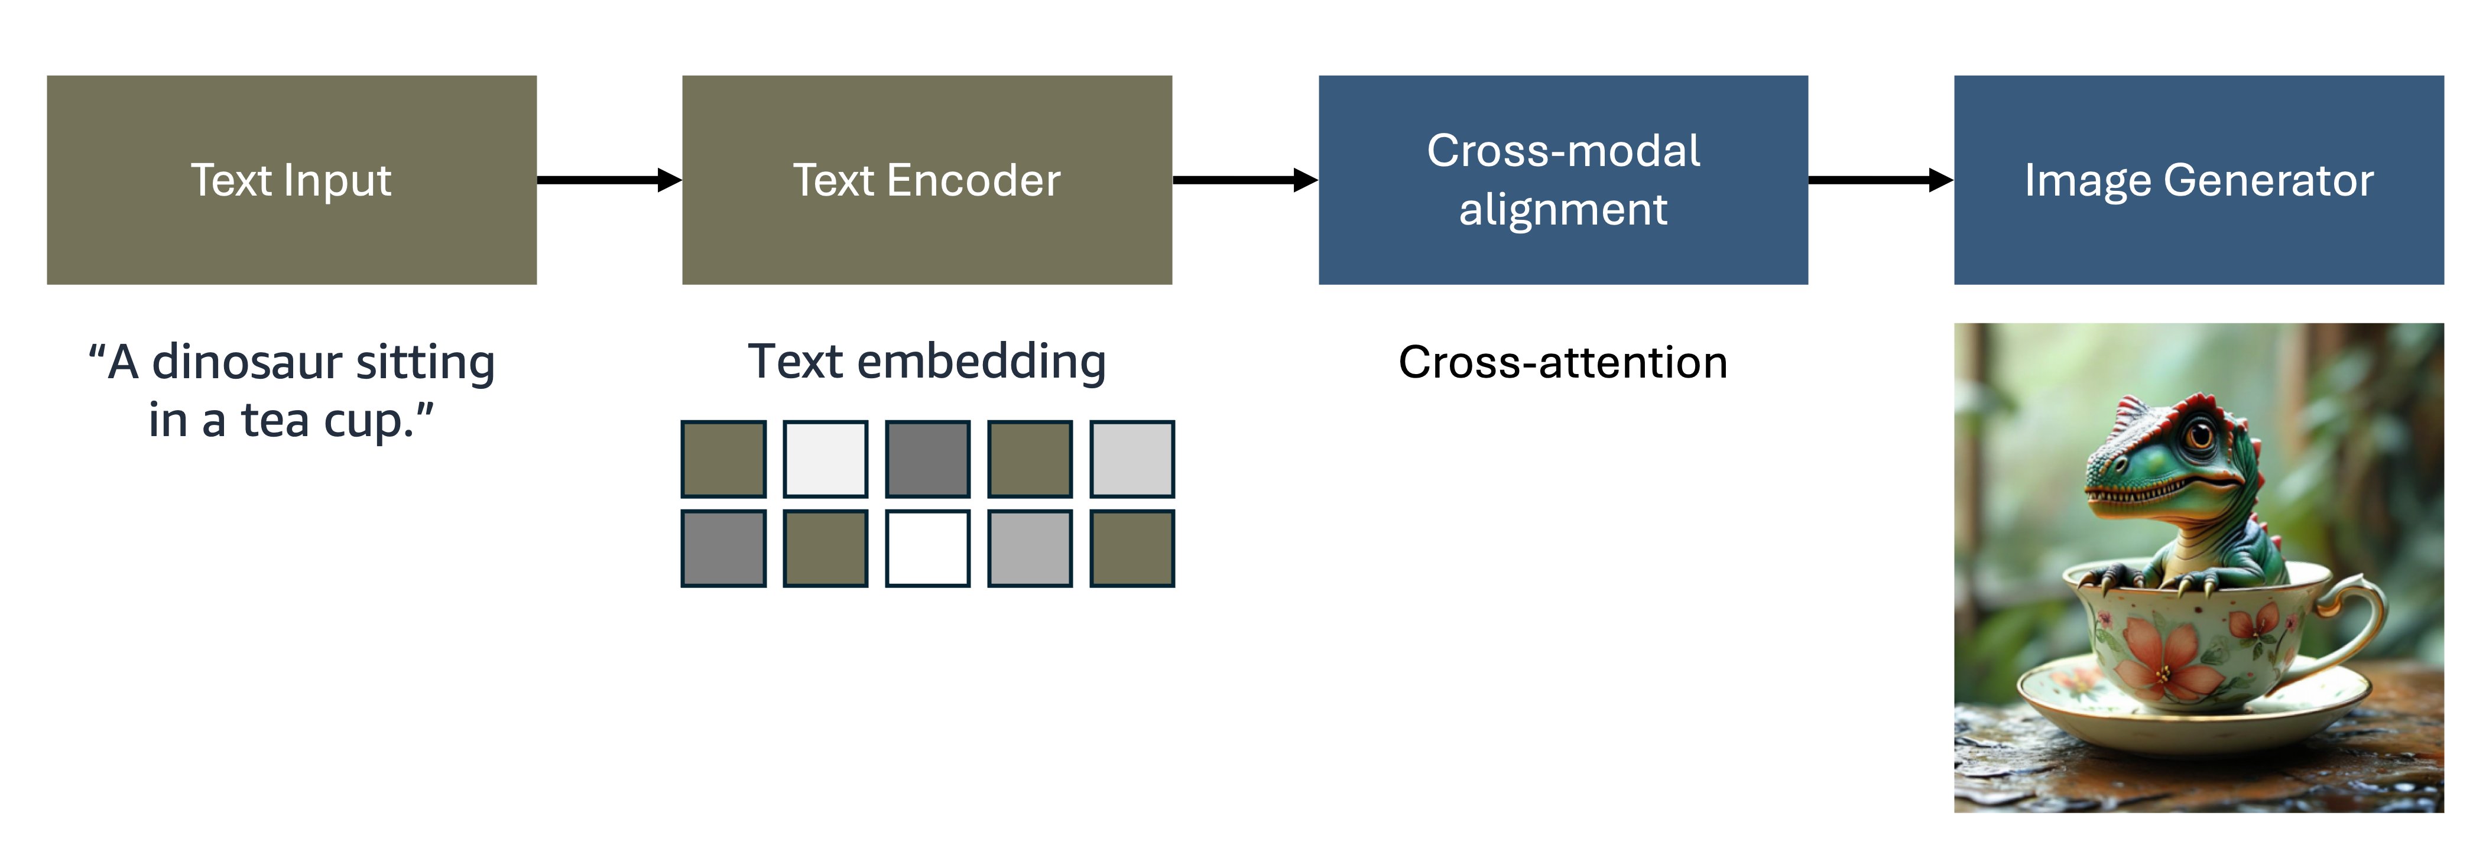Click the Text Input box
point(291,180)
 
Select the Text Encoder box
point(926,180)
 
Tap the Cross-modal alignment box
point(1563,180)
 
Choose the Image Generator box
point(2198,180)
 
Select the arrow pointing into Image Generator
point(1880,180)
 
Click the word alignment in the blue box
point(1563,209)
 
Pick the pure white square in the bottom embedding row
point(926,548)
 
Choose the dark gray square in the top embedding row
point(926,459)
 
